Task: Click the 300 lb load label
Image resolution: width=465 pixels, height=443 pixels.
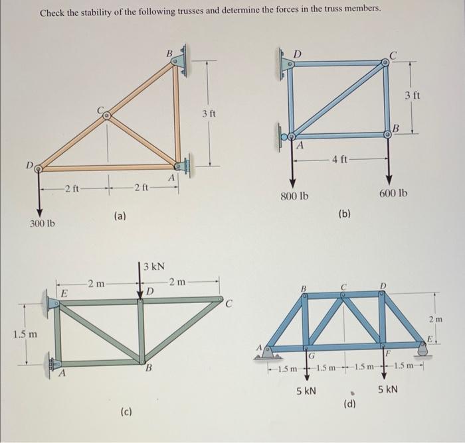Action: pyautogui.click(x=43, y=223)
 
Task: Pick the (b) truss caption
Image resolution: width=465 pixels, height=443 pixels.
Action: pyautogui.click(x=345, y=214)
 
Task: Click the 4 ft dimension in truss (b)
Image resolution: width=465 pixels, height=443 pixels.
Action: pyautogui.click(x=341, y=159)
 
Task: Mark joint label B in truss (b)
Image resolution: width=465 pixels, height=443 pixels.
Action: pyautogui.click(x=395, y=126)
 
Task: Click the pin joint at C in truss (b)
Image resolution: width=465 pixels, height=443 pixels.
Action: pyautogui.click(x=386, y=63)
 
